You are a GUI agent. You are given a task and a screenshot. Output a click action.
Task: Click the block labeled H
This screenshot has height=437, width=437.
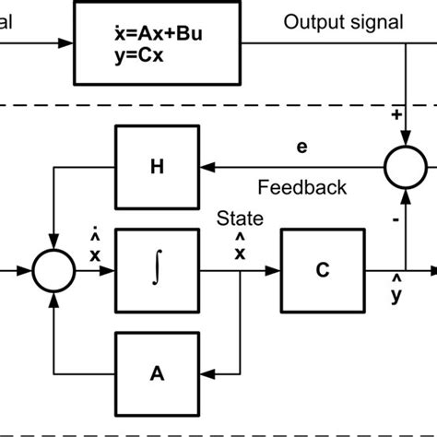154,168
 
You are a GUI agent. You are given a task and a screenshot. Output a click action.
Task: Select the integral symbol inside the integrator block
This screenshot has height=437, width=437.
154,271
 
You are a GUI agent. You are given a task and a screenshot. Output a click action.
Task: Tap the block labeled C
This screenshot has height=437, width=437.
323,271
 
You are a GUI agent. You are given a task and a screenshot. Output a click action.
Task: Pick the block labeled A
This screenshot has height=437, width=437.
154,373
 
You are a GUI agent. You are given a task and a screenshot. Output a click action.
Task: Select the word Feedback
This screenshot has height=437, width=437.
302,188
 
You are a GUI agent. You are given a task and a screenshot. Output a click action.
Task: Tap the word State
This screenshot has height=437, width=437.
240,219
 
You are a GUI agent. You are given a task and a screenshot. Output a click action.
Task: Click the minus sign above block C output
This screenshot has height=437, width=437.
397,221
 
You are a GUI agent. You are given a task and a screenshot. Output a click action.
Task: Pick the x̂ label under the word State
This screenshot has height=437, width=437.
241,247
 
